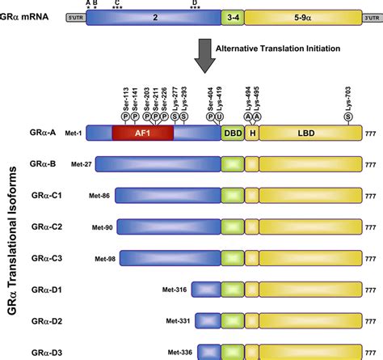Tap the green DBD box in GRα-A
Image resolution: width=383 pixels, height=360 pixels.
click(232, 133)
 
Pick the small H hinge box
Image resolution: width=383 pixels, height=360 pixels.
click(252, 133)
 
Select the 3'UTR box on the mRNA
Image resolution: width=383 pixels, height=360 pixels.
click(370, 17)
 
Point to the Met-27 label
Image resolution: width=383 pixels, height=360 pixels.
click(82, 164)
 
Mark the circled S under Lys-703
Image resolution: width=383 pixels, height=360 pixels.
click(347, 116)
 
